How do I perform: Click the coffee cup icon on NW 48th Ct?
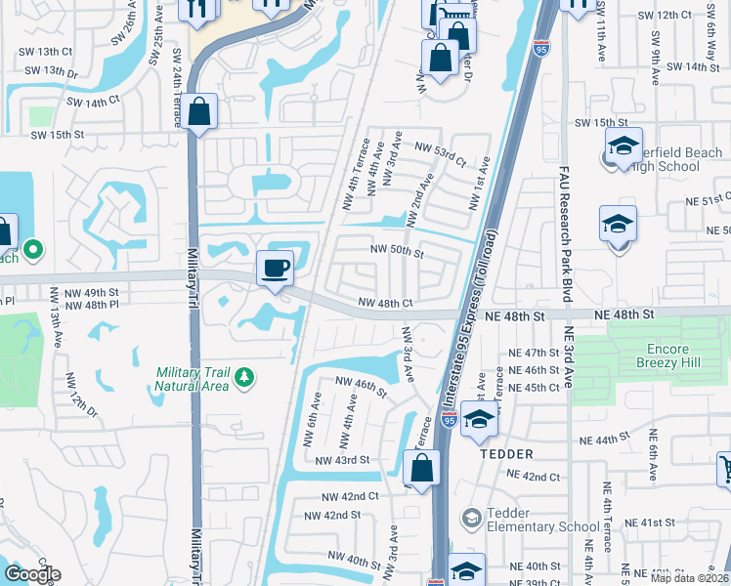(275, 268)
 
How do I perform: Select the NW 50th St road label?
(396, 252)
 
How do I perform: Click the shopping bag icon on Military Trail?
(199, 112)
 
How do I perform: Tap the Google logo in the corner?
(32, 574)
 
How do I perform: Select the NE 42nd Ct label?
(534, 476)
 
